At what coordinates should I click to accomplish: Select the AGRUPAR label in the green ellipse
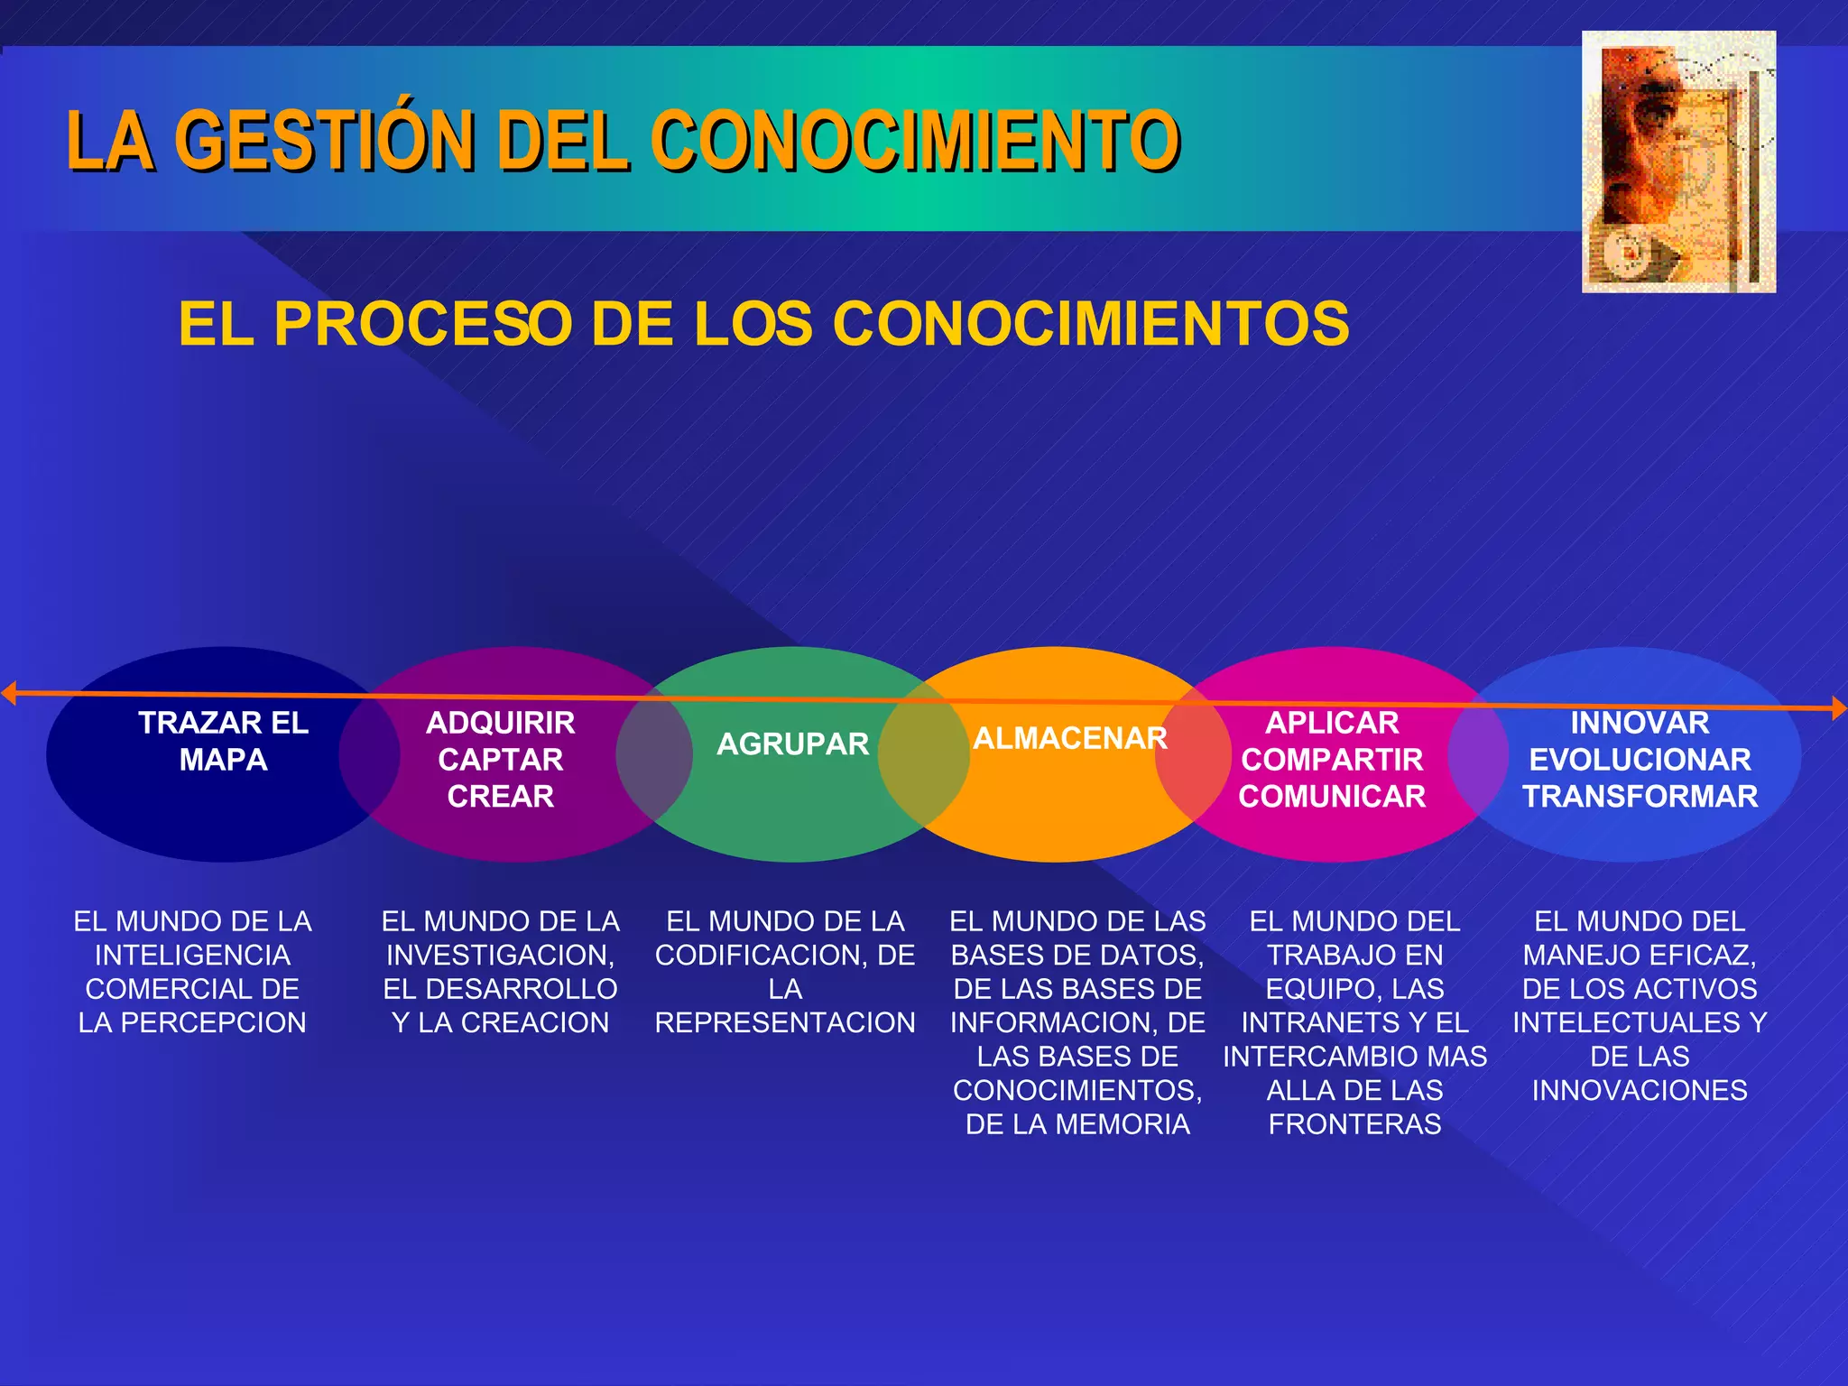[792, 744]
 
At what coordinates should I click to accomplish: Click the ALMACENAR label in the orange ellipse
[1070, 738]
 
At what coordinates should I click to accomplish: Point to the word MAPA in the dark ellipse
[223, 760]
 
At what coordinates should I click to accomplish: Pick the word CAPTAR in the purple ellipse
[501, 760]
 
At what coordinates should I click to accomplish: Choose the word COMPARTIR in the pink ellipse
[1332, 760]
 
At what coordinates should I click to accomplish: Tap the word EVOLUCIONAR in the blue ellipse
[1640, 760]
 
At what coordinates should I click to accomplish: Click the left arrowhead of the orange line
[9, 693]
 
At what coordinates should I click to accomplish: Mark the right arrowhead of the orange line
[1838, 708]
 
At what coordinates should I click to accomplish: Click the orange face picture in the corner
[1678, 162]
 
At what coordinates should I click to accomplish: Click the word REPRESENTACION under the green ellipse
[785, 1022]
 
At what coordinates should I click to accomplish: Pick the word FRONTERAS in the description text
[1354, 1124]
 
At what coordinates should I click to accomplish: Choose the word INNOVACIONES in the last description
[1640, 1090]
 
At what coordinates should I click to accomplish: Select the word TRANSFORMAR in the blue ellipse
[1640, 797]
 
